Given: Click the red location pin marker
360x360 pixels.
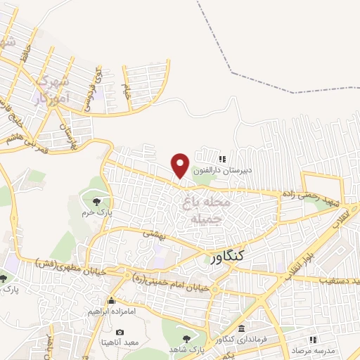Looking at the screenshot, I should pyautogui.click(x=181, y=165).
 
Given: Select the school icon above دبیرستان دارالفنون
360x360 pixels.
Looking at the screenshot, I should pyautogui.click(x=222, y=160).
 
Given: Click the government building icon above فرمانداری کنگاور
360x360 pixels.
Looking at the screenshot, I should pyautogui.click(x=242, y=329).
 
